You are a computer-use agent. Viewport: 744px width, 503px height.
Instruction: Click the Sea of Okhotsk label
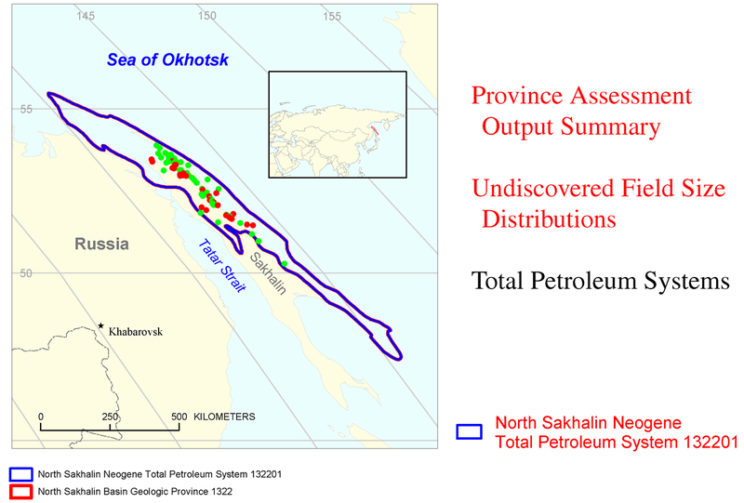click(167, 60)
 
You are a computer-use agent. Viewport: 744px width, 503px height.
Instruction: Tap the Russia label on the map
click(101, 244)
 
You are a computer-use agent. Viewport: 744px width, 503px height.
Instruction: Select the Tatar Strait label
click(222, 265)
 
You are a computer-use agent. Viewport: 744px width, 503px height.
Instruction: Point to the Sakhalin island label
click(268, 273)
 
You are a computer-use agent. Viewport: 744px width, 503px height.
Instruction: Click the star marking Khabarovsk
click(100, 325)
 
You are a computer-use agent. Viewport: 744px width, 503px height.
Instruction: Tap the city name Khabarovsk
click(136, 332)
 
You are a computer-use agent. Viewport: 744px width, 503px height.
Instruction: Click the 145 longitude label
click(86, 16)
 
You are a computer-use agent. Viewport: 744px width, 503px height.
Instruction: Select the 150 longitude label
click(207, 16)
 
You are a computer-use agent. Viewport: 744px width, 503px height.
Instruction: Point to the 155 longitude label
click(332, 17)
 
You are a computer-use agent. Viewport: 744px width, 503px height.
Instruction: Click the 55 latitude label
click(26, 109)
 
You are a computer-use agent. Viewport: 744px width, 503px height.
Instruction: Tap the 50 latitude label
click(26, 273)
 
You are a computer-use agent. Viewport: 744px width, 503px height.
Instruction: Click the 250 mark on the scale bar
click(110, 417)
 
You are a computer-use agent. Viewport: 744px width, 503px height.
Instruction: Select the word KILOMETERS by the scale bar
click(224, 417)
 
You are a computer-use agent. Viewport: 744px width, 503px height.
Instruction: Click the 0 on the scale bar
click(41, 417)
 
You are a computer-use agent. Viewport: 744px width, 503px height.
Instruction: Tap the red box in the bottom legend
click(20, 492)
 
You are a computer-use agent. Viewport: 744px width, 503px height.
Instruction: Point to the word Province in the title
click(517, 96)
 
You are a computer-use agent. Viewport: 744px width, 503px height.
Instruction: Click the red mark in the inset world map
click(375, 130)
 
